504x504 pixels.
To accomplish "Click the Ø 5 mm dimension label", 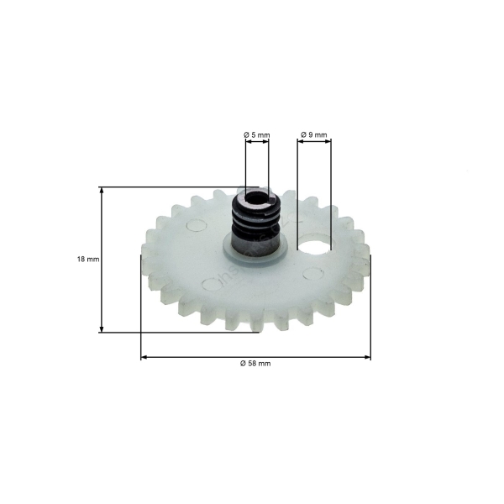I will [x=257, y=134].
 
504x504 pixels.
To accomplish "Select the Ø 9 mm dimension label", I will [x=314, y=134].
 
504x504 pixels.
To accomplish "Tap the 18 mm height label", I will [x=87, y=260].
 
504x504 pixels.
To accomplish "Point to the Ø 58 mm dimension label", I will [x=255, y=363].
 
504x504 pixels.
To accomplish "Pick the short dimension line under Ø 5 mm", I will [x=257, y=144].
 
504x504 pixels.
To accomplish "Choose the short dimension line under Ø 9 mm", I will [x=315, y=144].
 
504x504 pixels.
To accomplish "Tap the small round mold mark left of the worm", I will [x=196, y=225].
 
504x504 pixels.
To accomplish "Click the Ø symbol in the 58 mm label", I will [x=242, y=363].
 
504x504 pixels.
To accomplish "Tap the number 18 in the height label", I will [x=81, y=260].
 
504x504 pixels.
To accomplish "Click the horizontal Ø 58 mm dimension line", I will [x=202, y=357].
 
